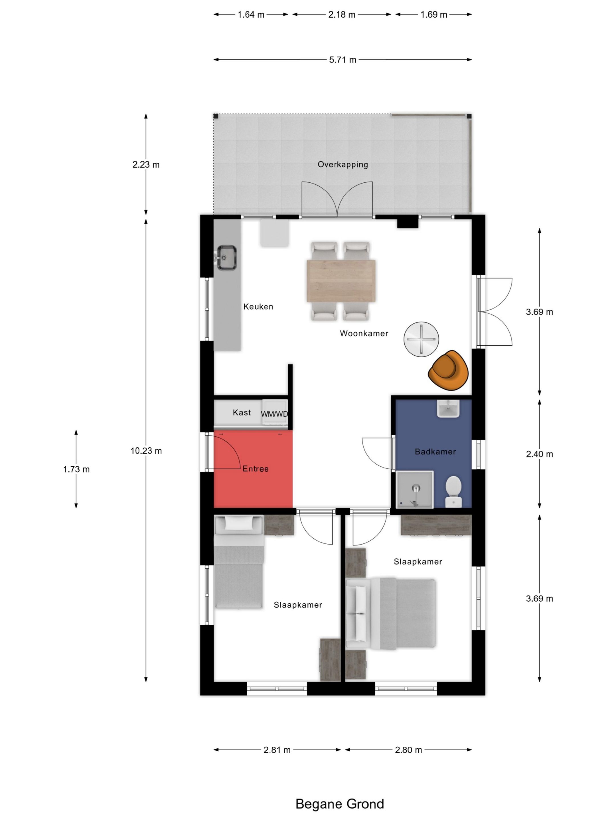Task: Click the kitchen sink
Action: pos(226,257)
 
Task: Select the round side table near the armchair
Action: pos(421,339)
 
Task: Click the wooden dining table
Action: pos(341,281)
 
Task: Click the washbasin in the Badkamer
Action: pos(448,408)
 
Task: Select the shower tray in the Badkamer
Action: pos(415,489)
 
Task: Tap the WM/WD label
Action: pos(274,414)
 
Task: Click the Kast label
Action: pos(242,412)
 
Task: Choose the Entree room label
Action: pos(256,469)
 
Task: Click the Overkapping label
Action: pos(343,165)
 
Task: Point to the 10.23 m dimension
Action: pos(146,451)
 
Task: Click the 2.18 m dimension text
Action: pos(342,15)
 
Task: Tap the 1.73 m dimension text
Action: pos(76,469)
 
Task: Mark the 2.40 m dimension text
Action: pos(540,454)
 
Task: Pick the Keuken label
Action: pos(258,307)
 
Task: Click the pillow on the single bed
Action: pos(239,523)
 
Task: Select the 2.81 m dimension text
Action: pos(277,750)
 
